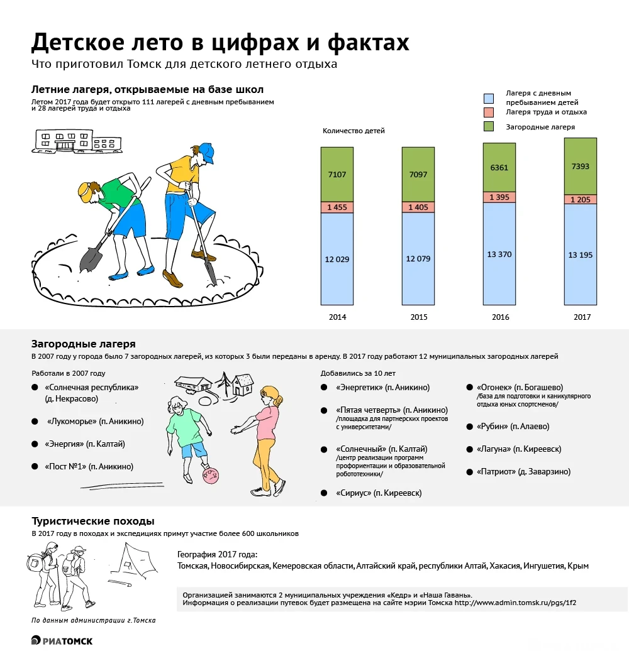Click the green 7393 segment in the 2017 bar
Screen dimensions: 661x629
pyautogui.click(x=580, y=166)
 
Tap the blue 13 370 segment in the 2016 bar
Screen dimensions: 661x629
pyautogui.click(x=499, y=254)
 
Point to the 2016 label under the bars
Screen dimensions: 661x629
pyautogui.click(x=500, y=317)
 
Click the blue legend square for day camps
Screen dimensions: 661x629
pyautogui.click(x=489, y=97)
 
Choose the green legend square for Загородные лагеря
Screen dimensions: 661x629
pyautogui.click(x=489, y=127)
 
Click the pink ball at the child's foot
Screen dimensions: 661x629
pyautogui.click(x=211, y=476)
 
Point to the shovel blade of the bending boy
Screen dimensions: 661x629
pyautogui.click(x=91, y=258)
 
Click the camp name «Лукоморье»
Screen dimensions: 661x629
pyautogui.click(x=75, y=422)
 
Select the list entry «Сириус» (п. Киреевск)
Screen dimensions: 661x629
pyautogui.click(x=379, y=493)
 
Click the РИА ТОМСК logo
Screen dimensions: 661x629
pyautogui.click(x=62, y=640)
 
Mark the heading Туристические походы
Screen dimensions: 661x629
pyautogui.click(x=93, y=522)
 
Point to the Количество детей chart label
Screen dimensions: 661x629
pyautogui.click(x=353, y=131)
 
